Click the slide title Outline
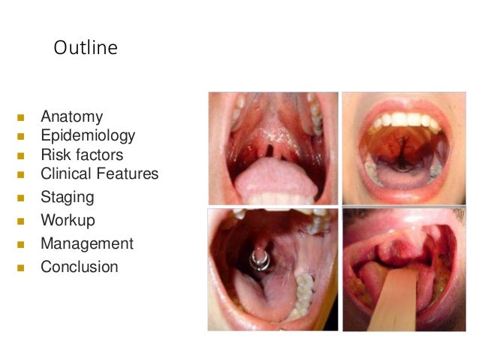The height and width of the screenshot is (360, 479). (x=85, y=48)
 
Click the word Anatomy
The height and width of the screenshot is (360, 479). (x=71, y=117)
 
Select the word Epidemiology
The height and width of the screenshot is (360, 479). (x=88, y=136)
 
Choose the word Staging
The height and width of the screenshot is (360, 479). (x=68, y=198)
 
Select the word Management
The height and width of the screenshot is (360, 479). (x=87, y=244)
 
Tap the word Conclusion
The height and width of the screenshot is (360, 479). (x=79, y=267)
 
